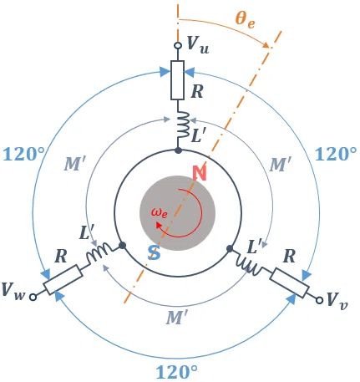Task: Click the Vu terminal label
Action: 198,44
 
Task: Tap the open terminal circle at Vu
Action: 178,45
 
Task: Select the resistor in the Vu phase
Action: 177,80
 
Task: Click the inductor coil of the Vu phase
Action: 183,125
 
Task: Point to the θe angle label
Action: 245,20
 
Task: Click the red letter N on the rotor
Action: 200,173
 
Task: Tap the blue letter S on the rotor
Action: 154,252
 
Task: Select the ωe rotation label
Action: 160,213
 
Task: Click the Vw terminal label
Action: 13,291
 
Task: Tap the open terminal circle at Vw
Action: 33,298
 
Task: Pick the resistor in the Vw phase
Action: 63,279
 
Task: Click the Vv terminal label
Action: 337,301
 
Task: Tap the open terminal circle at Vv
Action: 319,300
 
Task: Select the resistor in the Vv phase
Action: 289,283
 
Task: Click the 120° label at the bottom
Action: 176,372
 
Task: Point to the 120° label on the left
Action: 23,155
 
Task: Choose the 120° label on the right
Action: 336,154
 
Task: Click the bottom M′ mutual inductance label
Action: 177,318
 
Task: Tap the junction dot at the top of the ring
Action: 178,150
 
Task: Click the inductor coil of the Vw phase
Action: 99,252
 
